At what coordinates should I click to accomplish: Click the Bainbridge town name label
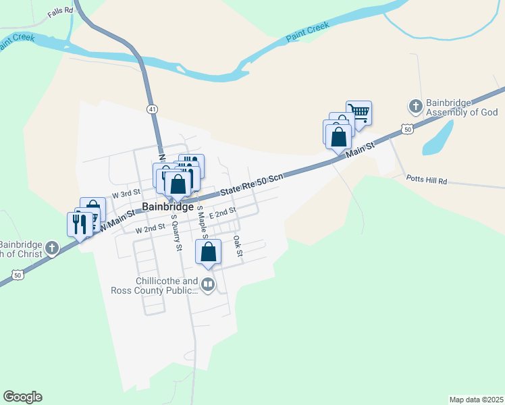pos(168,207)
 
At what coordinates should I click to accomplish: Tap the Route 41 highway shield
pos(153,108)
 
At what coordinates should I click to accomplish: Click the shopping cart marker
pos(359,112)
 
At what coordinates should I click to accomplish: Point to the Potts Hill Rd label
pos(427,180)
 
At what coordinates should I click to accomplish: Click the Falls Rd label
pos(60,13)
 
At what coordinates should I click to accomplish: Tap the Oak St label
pos(237,246)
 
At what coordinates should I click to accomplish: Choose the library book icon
pos(208,286)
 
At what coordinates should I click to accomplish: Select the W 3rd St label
pos(126,193)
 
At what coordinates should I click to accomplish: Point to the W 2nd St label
pos(150,229)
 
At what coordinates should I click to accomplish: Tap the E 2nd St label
pos(222,212)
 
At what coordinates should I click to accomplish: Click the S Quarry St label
pos(176,234)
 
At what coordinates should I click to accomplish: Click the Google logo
pos(22,397)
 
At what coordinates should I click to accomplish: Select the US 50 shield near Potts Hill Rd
pos(406,128)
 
